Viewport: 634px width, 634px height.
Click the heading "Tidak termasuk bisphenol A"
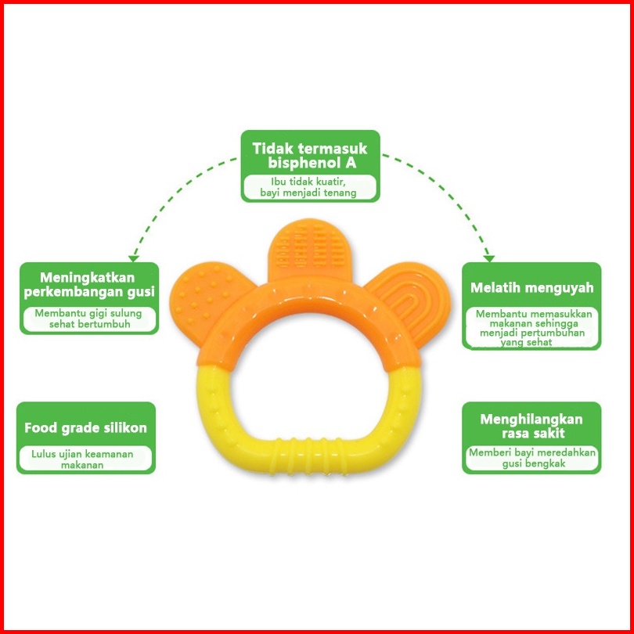point(309,156)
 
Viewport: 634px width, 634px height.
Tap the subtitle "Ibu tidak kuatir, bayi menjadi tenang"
point(309,187)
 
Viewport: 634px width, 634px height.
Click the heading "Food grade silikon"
point(85,428)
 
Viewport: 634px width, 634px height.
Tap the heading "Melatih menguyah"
point(531,287)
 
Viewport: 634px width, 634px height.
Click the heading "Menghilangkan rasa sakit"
point(531,426)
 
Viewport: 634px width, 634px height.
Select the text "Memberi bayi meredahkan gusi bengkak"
point(532,458)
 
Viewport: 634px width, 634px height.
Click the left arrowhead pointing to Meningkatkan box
point(133,256)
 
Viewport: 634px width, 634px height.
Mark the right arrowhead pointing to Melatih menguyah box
point(489,256)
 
